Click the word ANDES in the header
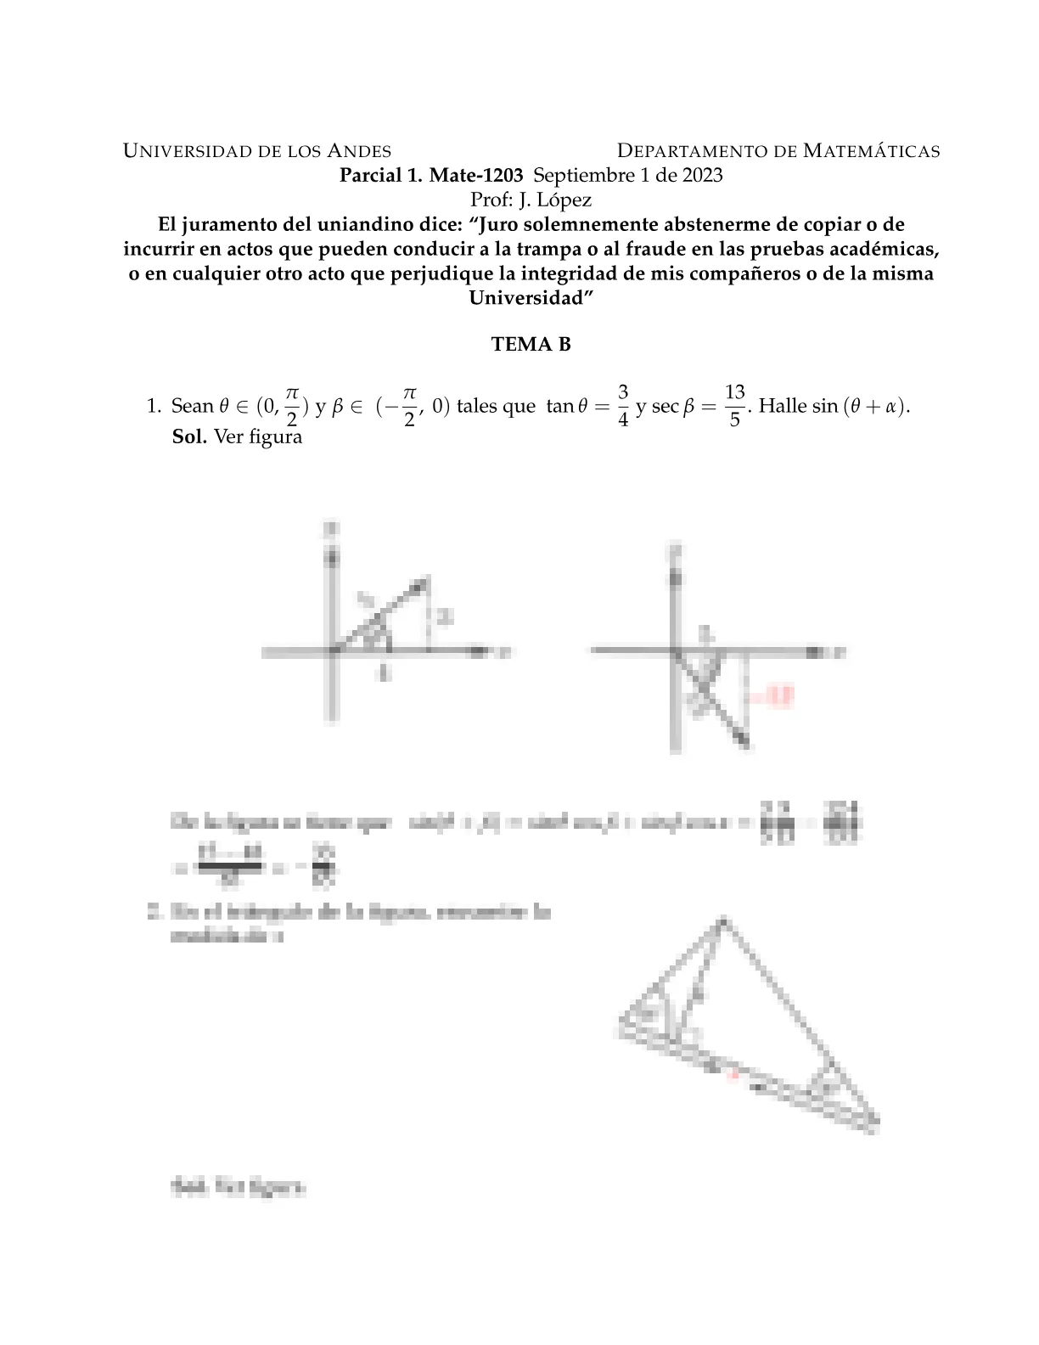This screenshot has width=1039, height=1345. (359, 151)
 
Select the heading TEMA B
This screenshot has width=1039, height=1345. (531, 345)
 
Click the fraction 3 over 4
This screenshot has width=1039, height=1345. (623, 405)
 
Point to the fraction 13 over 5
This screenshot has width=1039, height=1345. (734, 405)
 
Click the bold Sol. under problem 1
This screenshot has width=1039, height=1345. (189, 437)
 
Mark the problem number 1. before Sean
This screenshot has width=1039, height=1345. (154, 406)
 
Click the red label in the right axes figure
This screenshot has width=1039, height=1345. (774, 697)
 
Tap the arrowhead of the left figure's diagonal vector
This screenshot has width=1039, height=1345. (421, 582)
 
